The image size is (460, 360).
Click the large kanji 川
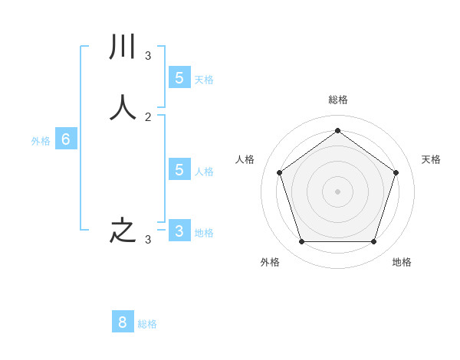coord(123,47)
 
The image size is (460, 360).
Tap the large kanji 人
coord(123,108)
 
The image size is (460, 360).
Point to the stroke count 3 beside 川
coord(148,55)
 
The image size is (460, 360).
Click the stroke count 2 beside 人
coord(148,116)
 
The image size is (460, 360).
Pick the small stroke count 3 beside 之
coord(148,240)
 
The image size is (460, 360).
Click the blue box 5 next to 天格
coord(179,77)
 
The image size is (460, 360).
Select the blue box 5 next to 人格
coord(179,169)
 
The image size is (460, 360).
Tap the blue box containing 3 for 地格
coord(179,231)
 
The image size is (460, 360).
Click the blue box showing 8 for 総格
coord(123,322)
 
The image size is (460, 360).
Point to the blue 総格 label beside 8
coord(147,324)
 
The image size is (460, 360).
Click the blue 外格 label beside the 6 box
coord(41,141)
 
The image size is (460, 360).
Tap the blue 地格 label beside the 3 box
coord(204,233)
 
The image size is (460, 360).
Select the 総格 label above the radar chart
coord(337,100)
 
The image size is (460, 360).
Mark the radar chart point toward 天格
coord(396,172)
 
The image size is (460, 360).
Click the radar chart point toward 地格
coord(373,241)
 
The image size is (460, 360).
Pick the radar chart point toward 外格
coord(301,241)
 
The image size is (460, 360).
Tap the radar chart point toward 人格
coord(279,172)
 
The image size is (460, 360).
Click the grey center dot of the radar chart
coord(337,191)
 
